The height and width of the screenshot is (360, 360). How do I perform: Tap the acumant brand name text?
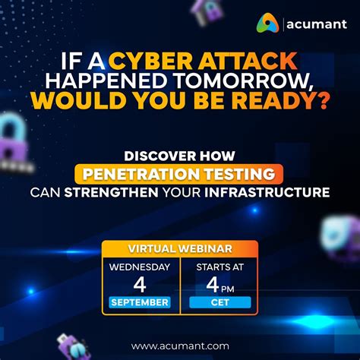point(317,26)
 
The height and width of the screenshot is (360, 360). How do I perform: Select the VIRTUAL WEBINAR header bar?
point(180,248)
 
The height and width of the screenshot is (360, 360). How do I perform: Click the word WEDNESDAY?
point(140,267)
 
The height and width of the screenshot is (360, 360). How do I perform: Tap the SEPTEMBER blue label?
point(140,303)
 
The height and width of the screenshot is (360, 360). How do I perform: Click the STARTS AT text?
point(219,267)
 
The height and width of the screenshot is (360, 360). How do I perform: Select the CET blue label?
point(219,303)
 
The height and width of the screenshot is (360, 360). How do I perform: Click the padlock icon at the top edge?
point(206,9)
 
